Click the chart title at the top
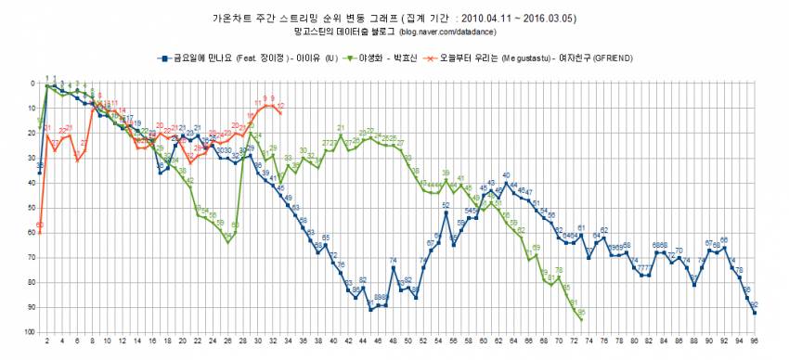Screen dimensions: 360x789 tap(394, 18)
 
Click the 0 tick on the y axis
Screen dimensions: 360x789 tap(32, 84)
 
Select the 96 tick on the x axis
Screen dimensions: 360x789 tap(754, 341)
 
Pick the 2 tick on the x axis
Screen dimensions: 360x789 tap(47, 341)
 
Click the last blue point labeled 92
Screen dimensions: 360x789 tap(754, 313)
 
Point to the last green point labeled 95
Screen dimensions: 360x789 tap(581, 319)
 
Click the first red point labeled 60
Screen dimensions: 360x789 tap(40, 233)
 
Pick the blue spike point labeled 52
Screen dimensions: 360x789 tap(446, 212)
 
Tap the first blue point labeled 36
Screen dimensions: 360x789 tap(40, 173)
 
